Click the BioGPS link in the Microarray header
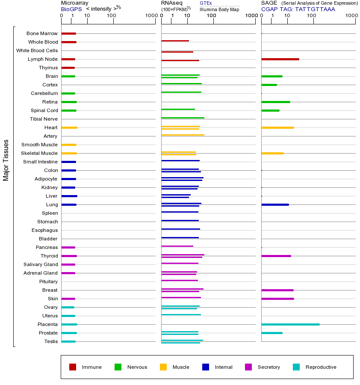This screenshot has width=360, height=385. coord(71,9)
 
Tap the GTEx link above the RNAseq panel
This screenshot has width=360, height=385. coord(206,3)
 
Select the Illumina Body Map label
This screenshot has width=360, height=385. coord(219,9)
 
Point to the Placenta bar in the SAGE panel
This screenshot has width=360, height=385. coord(290,324)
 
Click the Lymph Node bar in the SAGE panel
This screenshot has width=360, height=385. coord(280,59)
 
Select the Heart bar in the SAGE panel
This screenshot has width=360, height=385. coord(277,127)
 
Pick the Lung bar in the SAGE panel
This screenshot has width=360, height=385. coord(275,204)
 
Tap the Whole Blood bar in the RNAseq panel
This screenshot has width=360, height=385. coord(175,41)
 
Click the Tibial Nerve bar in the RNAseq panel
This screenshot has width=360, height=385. coord(183,118)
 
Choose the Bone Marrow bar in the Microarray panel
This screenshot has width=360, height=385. coord(68,33)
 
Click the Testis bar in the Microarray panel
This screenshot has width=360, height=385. coord(68,341)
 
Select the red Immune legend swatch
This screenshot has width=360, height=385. coord(73,367)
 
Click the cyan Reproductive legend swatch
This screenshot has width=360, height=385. coord(296,367)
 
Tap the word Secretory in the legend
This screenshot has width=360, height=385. coord(269,367)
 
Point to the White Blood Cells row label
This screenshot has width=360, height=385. coord(37,50)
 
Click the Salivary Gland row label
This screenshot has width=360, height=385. coord(41,264)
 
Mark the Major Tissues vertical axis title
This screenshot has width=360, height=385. coord(6,160)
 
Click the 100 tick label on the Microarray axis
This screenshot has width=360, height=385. coord(112,16)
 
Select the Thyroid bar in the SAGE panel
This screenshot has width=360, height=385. coord(276,256)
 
